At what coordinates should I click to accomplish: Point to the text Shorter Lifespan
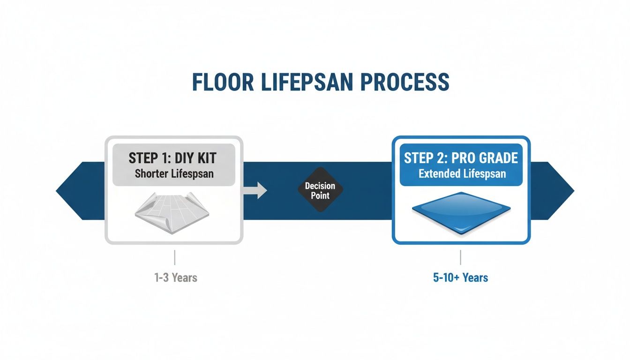coord(174,173)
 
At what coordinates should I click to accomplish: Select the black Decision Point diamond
coord(321,190)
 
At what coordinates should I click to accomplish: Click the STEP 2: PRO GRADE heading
coord(461,158)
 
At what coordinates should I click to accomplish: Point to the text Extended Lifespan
coord(462,174)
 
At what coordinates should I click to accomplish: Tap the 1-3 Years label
coord(176,277)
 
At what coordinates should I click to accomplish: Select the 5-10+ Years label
coord(460,277)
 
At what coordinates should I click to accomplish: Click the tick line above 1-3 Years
coord(174,257)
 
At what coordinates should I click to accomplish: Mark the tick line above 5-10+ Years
coord(460,257)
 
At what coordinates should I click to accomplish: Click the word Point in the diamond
coord(321,195)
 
